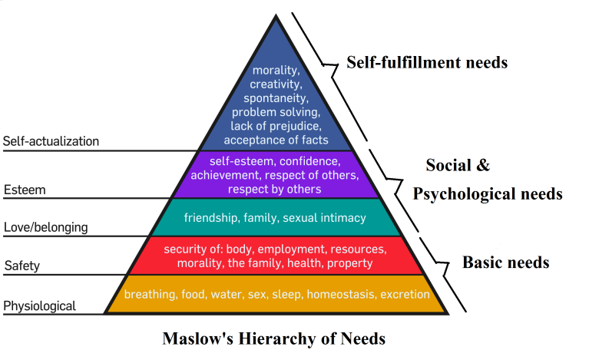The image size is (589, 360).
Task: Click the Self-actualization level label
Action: [x=51, y=141]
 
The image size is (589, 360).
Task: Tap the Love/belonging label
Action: [x=45, y=227]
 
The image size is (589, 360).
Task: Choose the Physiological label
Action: [x=40, y=306]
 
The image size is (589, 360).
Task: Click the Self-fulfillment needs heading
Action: [x=427, y=62]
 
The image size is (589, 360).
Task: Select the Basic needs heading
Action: [x=505, y=263]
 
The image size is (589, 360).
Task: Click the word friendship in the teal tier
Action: [x=211, y=218]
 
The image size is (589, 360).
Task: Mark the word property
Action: [x=350, y=263]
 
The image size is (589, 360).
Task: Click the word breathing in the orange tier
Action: [x=151, y=294]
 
